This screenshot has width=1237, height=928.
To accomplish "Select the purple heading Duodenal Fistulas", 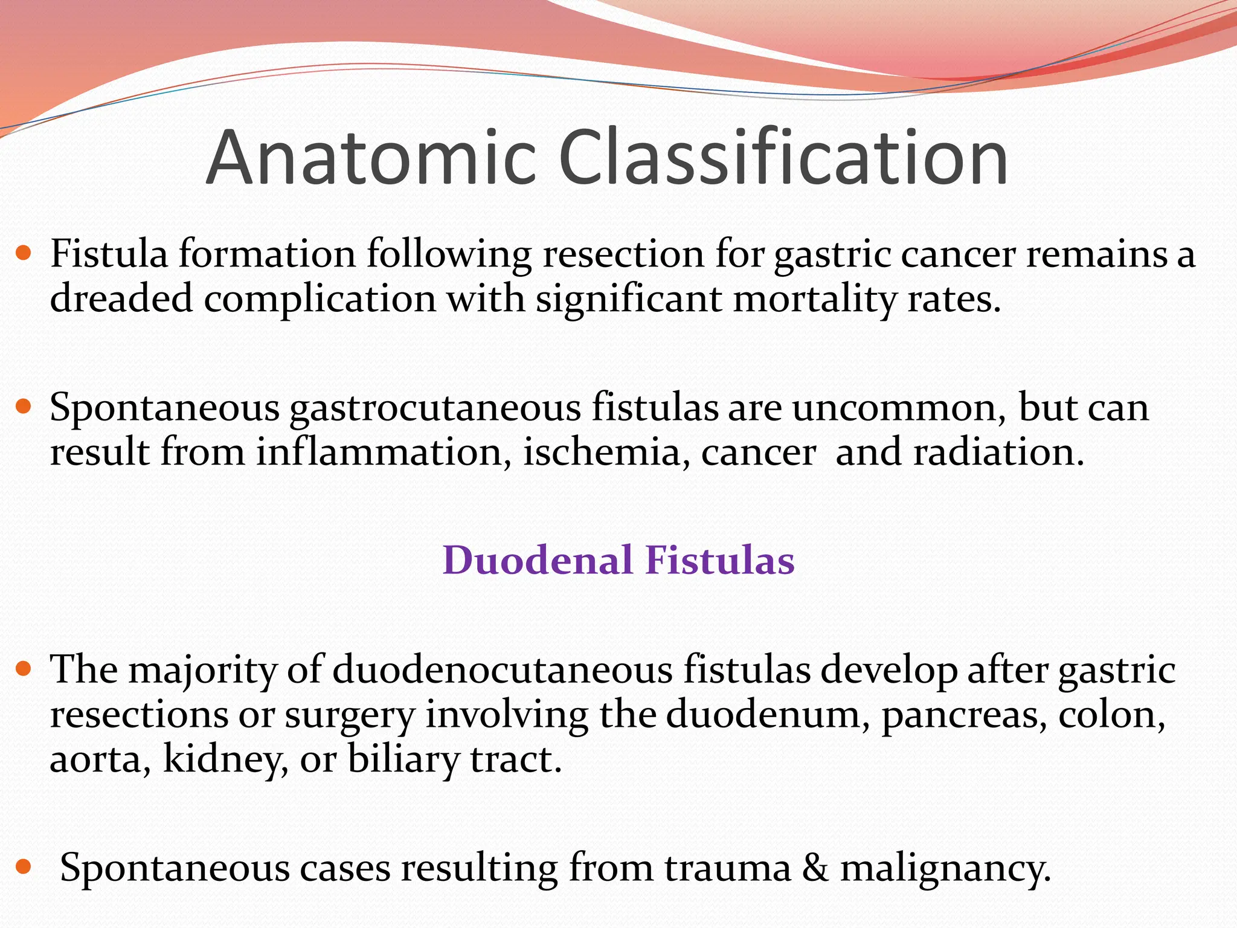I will (x=618, y=559).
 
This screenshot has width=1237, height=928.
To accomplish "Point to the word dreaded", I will (x=121, y=298).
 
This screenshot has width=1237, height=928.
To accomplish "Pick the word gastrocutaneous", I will (x=435, y=408).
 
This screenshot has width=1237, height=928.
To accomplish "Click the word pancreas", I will (x=964, y=715).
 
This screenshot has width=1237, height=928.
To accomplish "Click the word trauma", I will (x=728, y=868).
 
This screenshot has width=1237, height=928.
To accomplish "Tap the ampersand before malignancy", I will (x=816, y=868).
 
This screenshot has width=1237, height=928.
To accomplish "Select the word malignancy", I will (x=945, y=868).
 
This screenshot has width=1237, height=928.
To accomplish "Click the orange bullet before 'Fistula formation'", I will (x=24, y=252).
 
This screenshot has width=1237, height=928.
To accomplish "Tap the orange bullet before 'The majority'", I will (x=24, y=669).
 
